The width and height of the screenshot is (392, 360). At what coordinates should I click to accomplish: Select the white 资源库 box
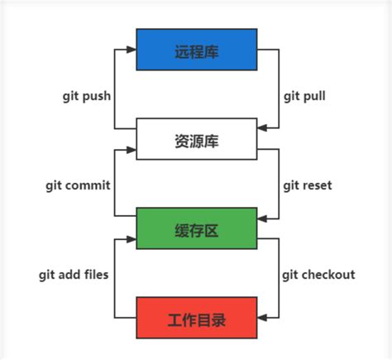click(196, 140)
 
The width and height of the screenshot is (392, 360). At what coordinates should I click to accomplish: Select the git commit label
click(79, 185)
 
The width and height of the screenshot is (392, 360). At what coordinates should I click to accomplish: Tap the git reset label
click(307, 185)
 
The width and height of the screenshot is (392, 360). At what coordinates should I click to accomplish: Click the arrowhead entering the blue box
click(131, 50)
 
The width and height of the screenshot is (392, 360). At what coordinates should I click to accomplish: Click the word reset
click(317, 185)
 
